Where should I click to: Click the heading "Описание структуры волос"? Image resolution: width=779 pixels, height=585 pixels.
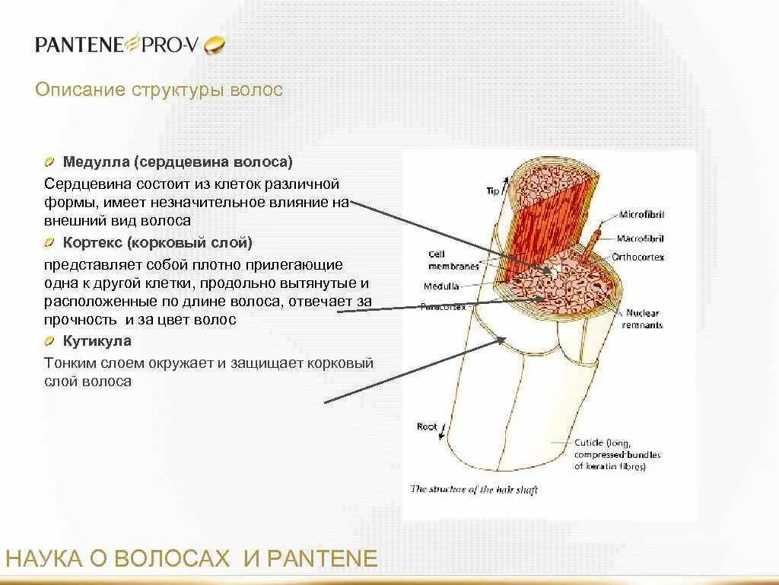click(159, 90)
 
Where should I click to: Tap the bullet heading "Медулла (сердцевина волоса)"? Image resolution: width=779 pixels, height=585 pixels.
click(177, 162)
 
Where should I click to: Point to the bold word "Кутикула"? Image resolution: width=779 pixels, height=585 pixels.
click(97, 341)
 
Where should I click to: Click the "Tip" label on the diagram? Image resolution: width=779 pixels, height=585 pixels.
click(492, 191)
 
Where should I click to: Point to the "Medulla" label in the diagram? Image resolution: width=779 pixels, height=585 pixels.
click(441, 286)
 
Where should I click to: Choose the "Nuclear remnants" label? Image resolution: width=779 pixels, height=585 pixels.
click(644, 319)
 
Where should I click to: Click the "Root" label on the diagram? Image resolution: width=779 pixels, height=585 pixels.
click(427, 427)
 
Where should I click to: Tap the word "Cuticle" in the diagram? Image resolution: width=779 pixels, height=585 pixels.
click(588, 443)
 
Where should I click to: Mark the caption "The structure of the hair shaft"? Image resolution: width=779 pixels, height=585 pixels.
click(474, 490)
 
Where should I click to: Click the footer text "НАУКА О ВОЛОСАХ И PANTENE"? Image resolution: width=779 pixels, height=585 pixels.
click(192, 559)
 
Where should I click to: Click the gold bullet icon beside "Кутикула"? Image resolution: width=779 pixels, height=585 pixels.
click(49, 341)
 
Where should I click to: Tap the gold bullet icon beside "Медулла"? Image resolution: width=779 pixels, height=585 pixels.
click(49, 162)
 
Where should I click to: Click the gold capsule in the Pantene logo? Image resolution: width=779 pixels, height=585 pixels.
click(216, 45)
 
